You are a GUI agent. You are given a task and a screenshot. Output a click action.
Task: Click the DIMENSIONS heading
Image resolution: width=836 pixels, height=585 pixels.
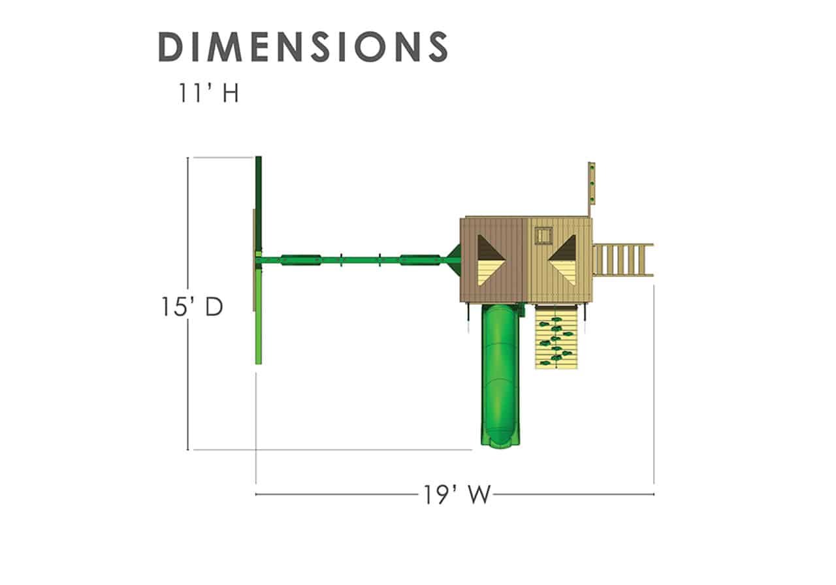coord(302,46)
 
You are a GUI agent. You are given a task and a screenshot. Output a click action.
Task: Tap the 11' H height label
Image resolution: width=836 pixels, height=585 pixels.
coord(208,93)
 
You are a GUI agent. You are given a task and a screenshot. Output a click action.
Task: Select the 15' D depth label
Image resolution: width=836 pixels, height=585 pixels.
coord(192,307)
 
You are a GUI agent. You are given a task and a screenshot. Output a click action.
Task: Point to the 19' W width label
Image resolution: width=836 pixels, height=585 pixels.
coord(457,495)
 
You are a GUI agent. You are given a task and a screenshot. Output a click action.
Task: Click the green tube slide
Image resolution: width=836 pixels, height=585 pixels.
coord(500,375)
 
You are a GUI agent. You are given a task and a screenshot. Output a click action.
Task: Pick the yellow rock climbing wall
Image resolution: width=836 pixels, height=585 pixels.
coord(556,337)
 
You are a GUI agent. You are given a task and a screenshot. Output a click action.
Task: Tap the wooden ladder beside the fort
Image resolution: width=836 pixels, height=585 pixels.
coord(623,260)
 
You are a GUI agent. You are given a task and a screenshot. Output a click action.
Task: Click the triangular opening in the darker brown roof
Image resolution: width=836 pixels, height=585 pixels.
coord(491,260)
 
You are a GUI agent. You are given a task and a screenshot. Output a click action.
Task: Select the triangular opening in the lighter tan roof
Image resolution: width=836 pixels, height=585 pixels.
coord(562,260)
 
